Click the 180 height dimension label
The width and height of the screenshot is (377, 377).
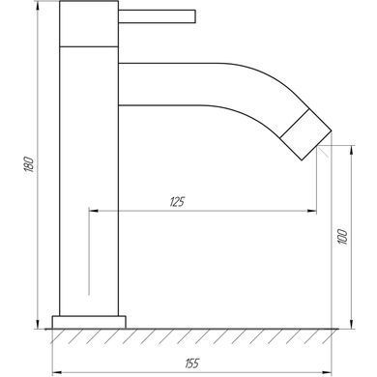pos(28,164)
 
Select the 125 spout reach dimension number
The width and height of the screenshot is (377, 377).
pos(177,202)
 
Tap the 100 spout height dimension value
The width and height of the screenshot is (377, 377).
pos(343,237)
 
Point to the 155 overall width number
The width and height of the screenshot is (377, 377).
pos(192,363)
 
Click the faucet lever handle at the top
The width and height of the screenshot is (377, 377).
pos(157,16)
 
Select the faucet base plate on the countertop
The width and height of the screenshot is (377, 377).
pos(89,322)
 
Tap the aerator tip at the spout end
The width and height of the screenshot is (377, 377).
pos(305,134)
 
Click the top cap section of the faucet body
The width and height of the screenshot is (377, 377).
pos(89,24)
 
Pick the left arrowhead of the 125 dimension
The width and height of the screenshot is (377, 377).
pos(94,211)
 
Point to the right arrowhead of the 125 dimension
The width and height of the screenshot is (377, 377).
pos(312,211)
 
